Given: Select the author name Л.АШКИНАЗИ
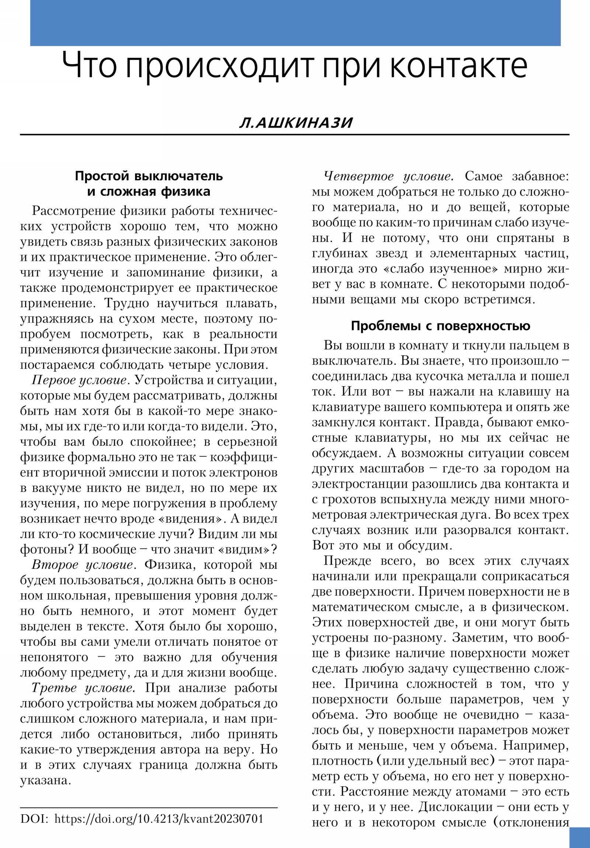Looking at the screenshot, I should tap(296, 123).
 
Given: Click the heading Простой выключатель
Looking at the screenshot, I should tap(149, 176).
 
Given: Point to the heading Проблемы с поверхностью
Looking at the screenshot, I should tap(440, 326).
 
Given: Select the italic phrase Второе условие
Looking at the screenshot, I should tap(82, 565).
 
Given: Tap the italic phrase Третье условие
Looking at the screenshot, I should tap(82, 688).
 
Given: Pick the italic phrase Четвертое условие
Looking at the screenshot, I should tap(388, 176).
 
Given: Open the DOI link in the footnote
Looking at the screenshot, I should tap(159, 819).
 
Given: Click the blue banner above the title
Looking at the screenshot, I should tap(295, 23).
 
